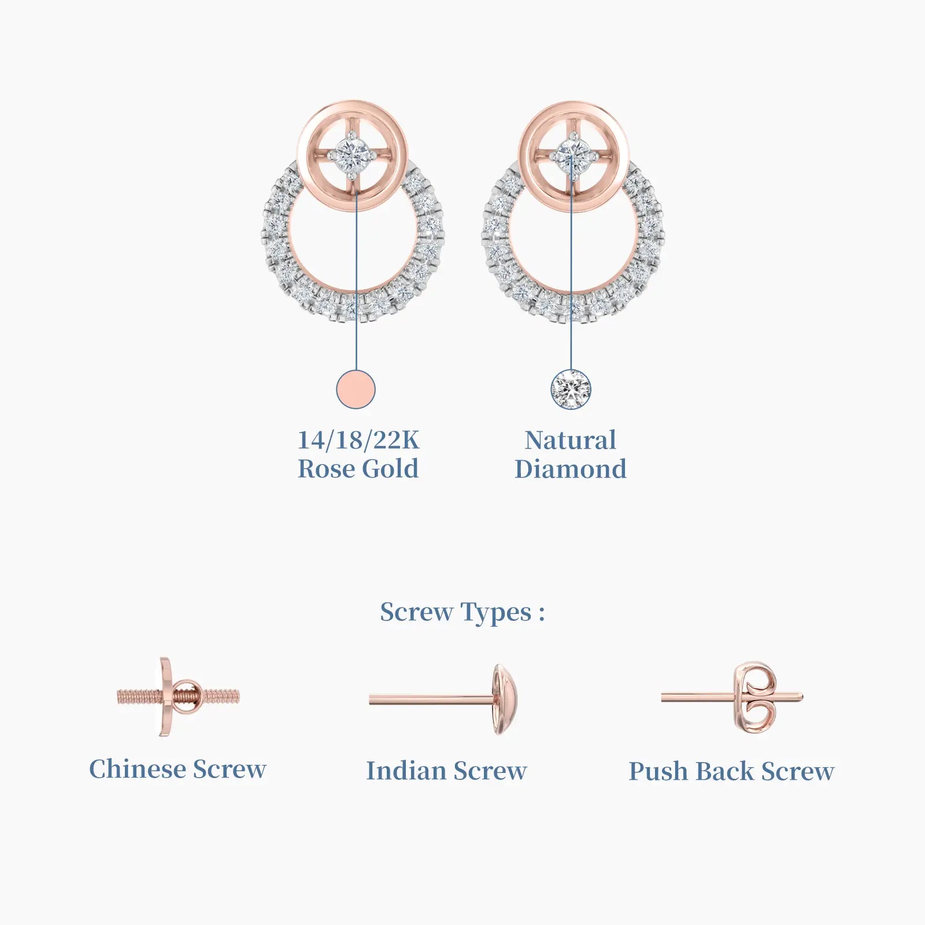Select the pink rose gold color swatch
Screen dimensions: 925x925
point(356,389)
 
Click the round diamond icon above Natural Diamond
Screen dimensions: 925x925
point(571,389)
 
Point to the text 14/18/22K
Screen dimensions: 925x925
point(358,441)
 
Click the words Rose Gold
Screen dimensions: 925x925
point(358,469)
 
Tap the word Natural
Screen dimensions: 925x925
point(571,441)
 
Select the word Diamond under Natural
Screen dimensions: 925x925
point(571,469)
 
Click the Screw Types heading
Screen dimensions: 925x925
point(462,612)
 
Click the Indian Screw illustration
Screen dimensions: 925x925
point(443,700)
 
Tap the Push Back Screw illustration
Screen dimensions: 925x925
point(732,698)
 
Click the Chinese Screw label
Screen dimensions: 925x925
point(178,769)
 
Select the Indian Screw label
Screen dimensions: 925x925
point(446,771)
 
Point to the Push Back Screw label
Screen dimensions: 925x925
point(731,771)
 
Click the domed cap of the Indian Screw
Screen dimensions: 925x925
point(504,700)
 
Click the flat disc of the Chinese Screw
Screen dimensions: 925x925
point(165,697)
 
